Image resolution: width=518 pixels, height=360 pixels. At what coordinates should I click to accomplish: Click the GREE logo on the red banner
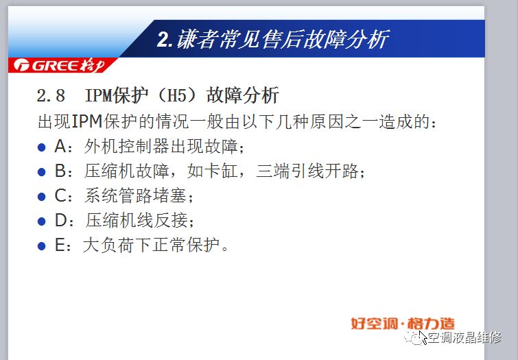pos(60,65)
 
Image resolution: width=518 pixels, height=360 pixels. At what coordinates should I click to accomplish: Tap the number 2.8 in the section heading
pos(51,95)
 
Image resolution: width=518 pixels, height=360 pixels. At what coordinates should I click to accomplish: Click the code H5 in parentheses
pos(178,95)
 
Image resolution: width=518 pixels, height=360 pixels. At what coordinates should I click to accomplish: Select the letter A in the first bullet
pos(60,146)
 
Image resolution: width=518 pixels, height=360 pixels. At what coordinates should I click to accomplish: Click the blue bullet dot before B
pos(42,171)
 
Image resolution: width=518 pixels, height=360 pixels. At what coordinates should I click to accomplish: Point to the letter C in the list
pos(61,195)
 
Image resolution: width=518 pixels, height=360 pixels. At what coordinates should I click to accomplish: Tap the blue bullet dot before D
pos(42,221)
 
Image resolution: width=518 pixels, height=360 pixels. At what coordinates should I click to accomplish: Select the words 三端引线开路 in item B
pos(307,171)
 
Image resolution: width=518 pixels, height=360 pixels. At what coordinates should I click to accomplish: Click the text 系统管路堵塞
pos(135,195)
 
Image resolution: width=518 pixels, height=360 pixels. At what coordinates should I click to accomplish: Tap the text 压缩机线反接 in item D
pos(137,220)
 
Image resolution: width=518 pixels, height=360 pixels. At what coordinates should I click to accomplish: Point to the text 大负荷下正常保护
pos(152,245)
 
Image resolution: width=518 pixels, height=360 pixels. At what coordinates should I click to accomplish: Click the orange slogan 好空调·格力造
pos(403,324)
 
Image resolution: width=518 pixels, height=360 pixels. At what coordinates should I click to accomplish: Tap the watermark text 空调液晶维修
pos(464,337)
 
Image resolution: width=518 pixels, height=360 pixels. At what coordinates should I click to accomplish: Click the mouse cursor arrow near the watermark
pos(423,337)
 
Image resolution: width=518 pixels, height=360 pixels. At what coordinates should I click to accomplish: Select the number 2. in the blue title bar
pos(165,40)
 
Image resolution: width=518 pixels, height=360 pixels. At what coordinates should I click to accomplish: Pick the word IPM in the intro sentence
pos(86,121)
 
